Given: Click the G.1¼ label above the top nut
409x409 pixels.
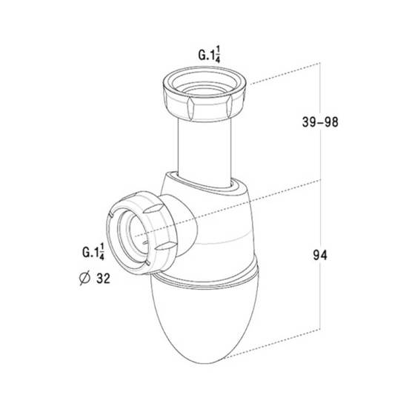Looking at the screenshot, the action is (x=209, y=55).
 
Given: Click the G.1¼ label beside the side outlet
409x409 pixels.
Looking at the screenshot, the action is (x=93, y=252).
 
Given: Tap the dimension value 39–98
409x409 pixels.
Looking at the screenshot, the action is (x=320, y=122).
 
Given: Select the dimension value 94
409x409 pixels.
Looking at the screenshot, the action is (x=320, y=255).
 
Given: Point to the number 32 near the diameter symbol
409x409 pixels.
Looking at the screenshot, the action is (x=103, y=279).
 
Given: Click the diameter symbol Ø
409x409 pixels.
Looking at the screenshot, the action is (x=84, y=278).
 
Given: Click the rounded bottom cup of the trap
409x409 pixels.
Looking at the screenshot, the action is (x=204, y=321).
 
